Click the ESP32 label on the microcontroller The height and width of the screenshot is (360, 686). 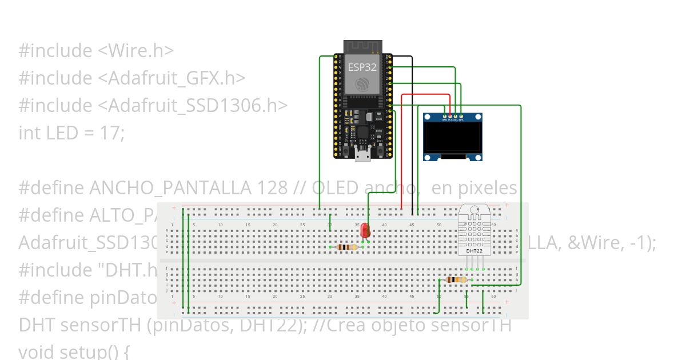(x=362, y=67)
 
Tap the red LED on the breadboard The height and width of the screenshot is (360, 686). (x=365, y=230)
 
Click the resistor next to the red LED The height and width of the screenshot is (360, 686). (x=347, y=247)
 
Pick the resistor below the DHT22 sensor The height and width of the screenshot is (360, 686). (x=456, y=279)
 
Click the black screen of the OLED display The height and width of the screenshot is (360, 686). (x=452, y=139)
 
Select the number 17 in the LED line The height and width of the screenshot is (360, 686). (x=112, y=133)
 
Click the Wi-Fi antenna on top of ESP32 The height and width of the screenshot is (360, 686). (x=363, y=46)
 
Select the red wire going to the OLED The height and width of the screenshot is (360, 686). (x=402, y=149)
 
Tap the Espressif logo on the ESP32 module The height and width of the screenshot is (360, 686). (x=362, y=85)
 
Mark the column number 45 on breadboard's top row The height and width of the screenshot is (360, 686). (x=412, y=225)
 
